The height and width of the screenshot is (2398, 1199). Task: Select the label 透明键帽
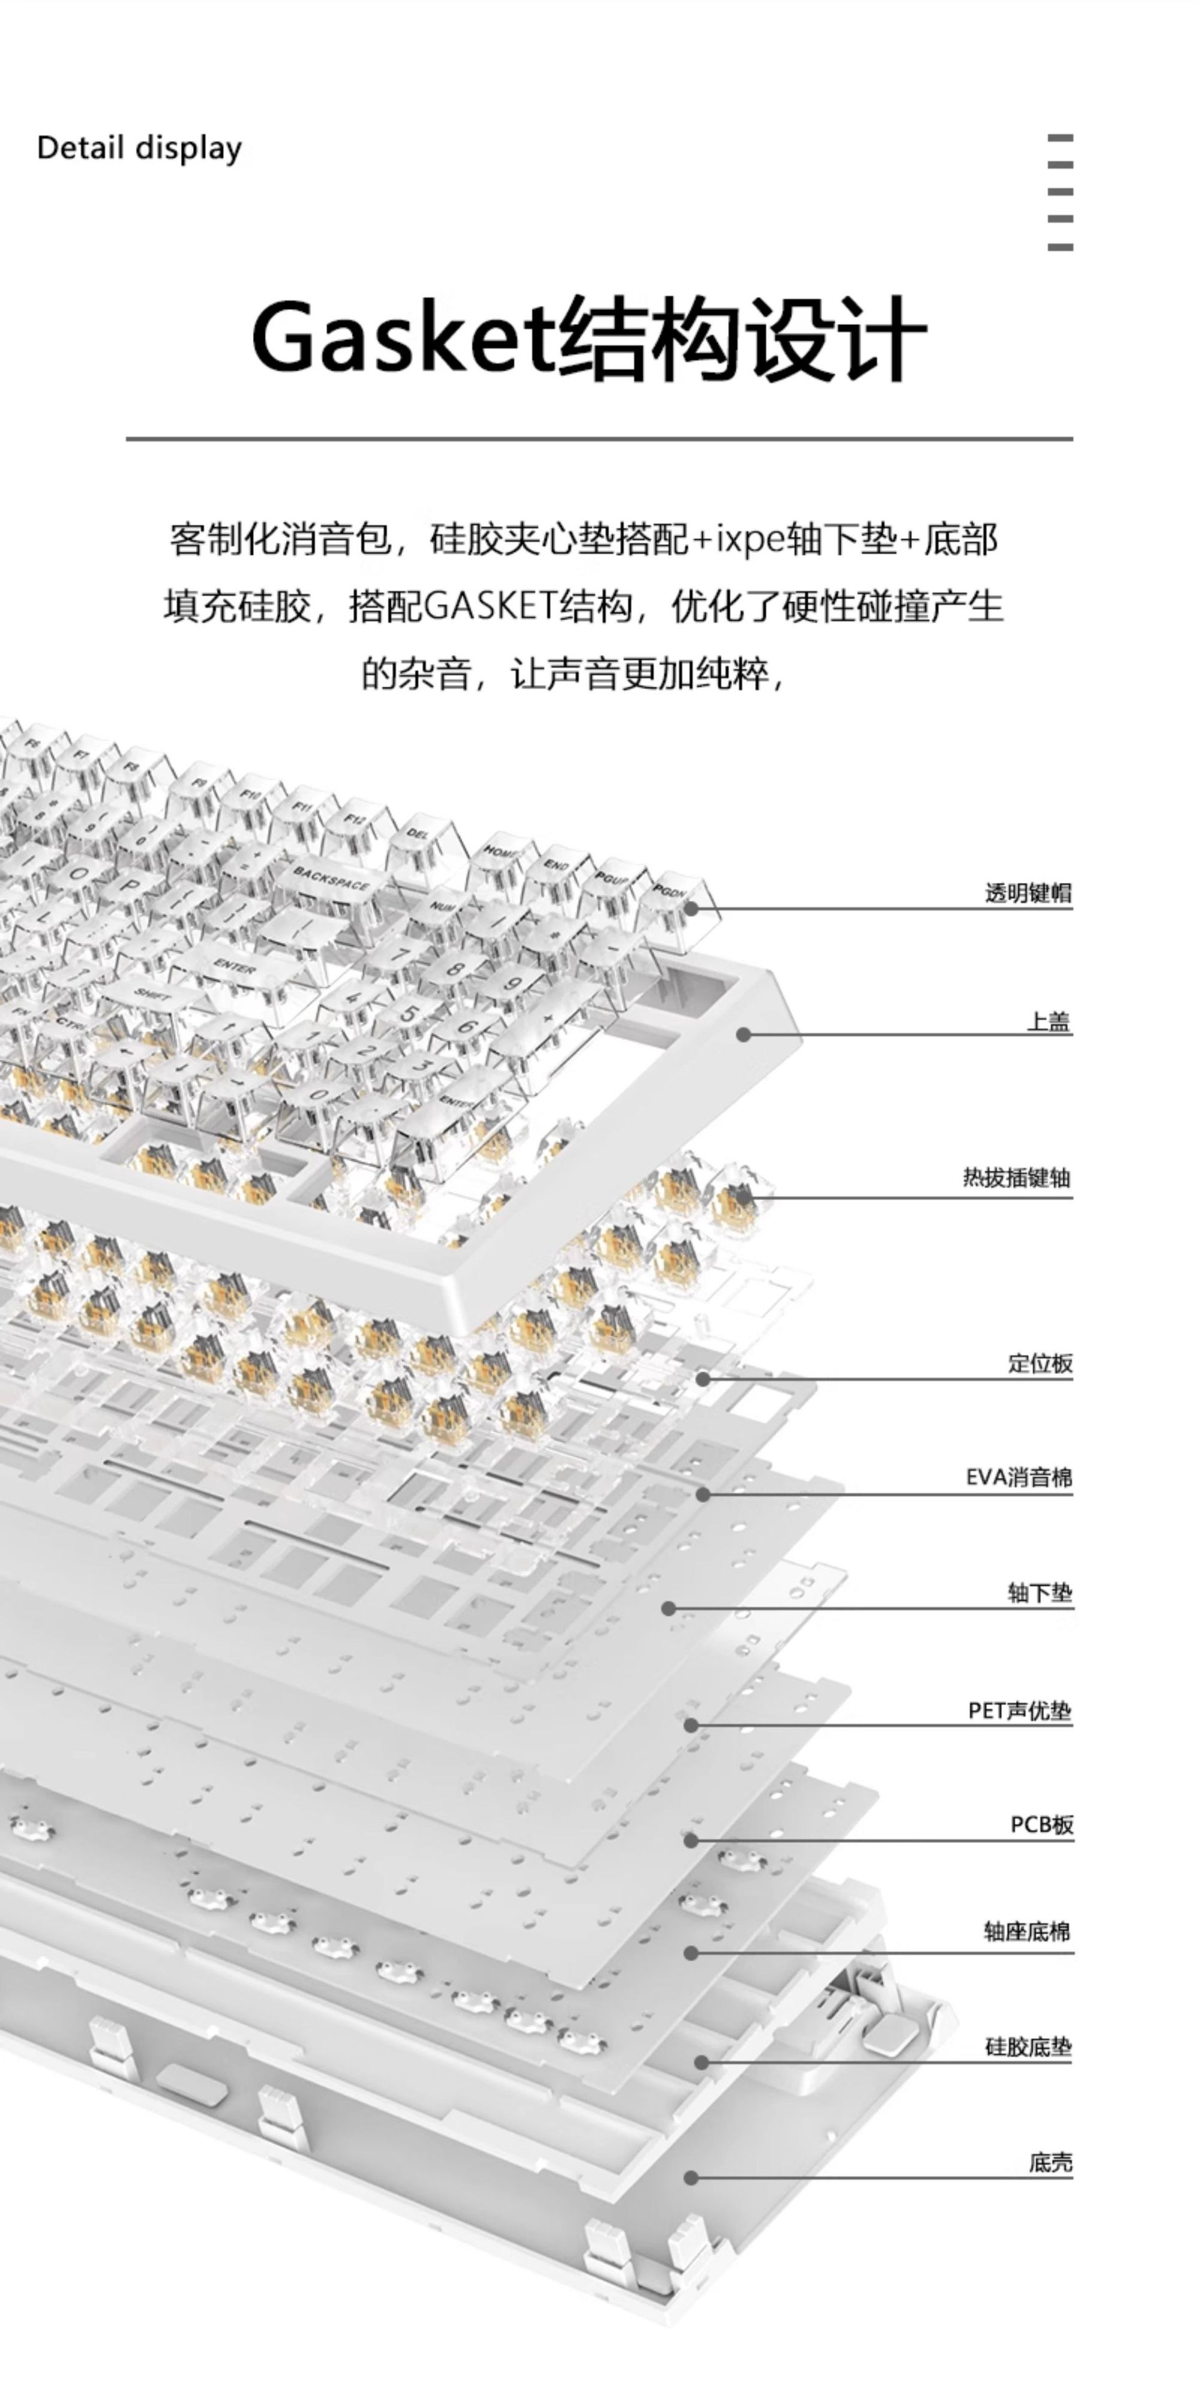[1028, 894]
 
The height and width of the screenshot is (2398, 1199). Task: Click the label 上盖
[1049, 1022]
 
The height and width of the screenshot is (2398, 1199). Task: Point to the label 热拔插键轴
[1017, 1178]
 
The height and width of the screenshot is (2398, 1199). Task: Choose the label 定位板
[1040, 1364]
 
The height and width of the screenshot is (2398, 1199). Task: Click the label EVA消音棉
[1019, 1478]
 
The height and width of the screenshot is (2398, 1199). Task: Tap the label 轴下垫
[1040, 1594]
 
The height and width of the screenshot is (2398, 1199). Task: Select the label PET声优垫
[1019, 1711]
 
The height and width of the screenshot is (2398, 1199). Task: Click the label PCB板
[1042, 1825]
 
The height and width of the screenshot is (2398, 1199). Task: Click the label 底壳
[1050, 2163]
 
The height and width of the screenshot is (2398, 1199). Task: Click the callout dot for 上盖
[744, 1034]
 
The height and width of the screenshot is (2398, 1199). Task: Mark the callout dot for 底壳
[691, 2178]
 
